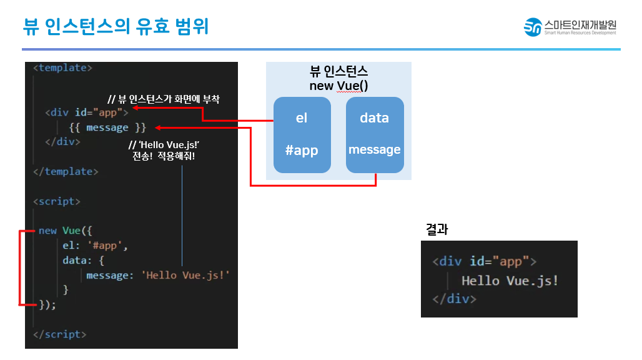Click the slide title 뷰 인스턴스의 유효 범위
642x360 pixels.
[116, 26]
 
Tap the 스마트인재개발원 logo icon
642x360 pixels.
[533, 27]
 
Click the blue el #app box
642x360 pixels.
[302, 134]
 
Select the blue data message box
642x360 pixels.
[375, 134]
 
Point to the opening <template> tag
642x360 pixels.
[62, 67]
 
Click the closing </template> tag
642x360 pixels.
[66, 171]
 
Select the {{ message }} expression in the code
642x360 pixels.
[110, 127]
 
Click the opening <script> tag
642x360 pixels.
[57, 201]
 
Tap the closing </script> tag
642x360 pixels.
[60, 334]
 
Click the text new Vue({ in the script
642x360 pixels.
[66, 230]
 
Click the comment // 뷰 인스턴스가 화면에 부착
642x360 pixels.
[164, 99]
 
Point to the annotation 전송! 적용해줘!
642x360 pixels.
[164, 156]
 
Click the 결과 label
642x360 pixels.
[437, 229]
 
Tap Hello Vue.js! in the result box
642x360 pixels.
[510, 280]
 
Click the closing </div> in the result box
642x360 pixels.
[454, 299]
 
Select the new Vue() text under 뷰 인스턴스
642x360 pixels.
[338, 85]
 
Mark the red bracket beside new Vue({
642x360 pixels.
[21, 267]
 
